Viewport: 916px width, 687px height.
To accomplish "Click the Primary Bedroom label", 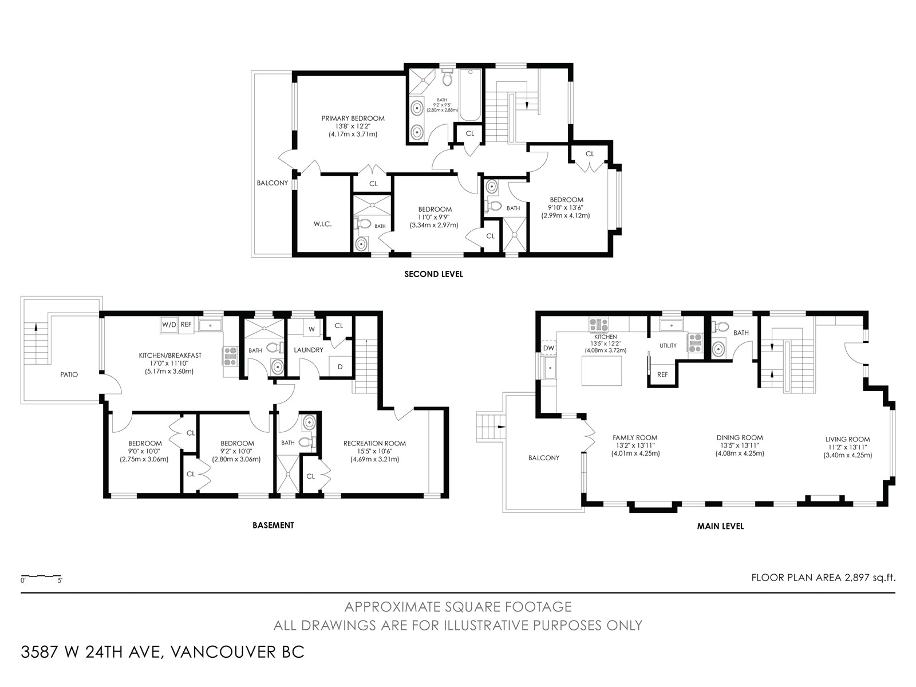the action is click(x=353, y=119).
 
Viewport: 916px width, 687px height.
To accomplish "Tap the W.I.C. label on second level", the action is click(x=322, y=224).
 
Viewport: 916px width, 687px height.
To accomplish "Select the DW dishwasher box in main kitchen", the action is click(x=548, y=348).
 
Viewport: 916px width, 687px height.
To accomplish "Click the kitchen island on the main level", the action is click(x=601, y=371).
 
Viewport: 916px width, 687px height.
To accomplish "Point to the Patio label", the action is click(x=69, y=374).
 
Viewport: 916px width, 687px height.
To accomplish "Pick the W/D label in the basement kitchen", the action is click(x=169, y=325).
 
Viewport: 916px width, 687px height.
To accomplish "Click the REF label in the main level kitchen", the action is click(x=662, y=374).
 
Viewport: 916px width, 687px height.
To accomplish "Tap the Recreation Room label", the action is click(x=374, y=443).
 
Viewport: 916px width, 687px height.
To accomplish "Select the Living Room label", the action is click(x=847, y=439).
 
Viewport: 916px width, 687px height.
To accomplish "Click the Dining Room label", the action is click(x=740, y=437).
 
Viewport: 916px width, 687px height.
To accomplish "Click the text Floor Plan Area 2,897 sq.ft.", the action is click(x=823, y=578).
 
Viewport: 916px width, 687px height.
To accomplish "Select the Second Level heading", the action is click(x=433, y=274).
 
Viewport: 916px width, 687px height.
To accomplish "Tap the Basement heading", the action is click(x=273, y=525).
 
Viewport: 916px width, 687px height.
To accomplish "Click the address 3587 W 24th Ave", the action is click(x=92, y=652).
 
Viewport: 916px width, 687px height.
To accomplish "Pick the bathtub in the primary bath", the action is click(x=471, y=94).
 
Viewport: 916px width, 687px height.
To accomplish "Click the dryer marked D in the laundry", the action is click(x=340, y=367).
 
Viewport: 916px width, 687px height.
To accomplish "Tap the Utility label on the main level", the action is click(x=668, y=345).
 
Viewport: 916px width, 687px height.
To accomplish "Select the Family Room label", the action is click(x=635, y=437).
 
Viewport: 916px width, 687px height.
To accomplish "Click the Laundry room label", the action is click(x=309, y=350).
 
